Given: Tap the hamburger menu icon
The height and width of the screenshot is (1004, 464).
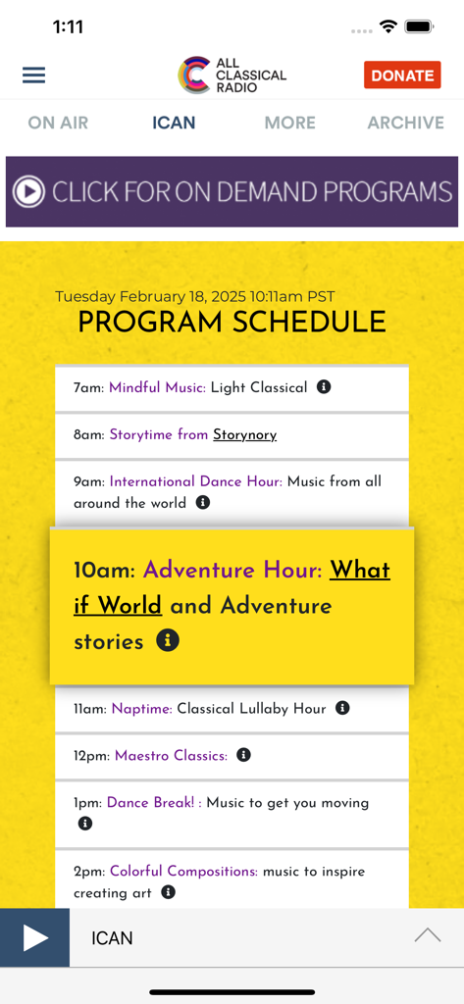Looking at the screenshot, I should pos(34,75).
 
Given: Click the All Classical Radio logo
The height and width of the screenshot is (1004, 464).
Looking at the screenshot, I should pos(232,75).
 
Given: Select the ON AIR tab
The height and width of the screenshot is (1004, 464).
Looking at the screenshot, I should pos(58,123).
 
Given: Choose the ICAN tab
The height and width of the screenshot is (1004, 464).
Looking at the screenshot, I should pos(174,123).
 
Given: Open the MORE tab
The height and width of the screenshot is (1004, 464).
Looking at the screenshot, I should pos(289,123).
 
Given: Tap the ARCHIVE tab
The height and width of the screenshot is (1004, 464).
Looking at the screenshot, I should pos(405,123).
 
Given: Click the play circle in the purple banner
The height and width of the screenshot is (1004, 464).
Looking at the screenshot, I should pos(28,191).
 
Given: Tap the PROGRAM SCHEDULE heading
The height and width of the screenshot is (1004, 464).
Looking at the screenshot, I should pos(232,322).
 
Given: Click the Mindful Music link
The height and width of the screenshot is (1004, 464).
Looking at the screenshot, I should pos(157,387).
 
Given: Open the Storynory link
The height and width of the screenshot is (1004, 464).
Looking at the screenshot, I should pos(244,434).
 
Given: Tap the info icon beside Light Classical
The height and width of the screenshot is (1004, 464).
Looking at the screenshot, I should pos(324,387).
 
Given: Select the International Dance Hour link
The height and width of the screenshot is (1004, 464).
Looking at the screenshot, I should pos(195,481).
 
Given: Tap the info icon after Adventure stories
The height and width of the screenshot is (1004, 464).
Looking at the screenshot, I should pos(169,641).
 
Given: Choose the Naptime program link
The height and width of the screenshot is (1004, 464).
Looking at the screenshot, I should pos(141,708).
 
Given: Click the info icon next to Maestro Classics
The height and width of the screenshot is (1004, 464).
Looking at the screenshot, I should pos(244,755).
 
